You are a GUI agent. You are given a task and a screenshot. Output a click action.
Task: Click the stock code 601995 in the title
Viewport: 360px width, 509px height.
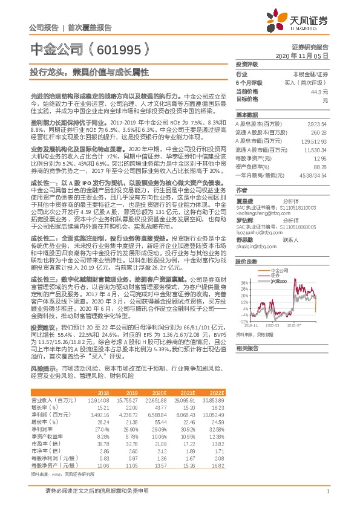pyautogui.click(x=122, y=49)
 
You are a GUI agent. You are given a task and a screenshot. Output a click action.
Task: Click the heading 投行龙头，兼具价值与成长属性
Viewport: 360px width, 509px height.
pyautogui.click(x=89, y=71)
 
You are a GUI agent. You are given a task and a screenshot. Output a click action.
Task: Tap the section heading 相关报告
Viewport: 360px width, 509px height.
pyautogui.click(x=246, y=348)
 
